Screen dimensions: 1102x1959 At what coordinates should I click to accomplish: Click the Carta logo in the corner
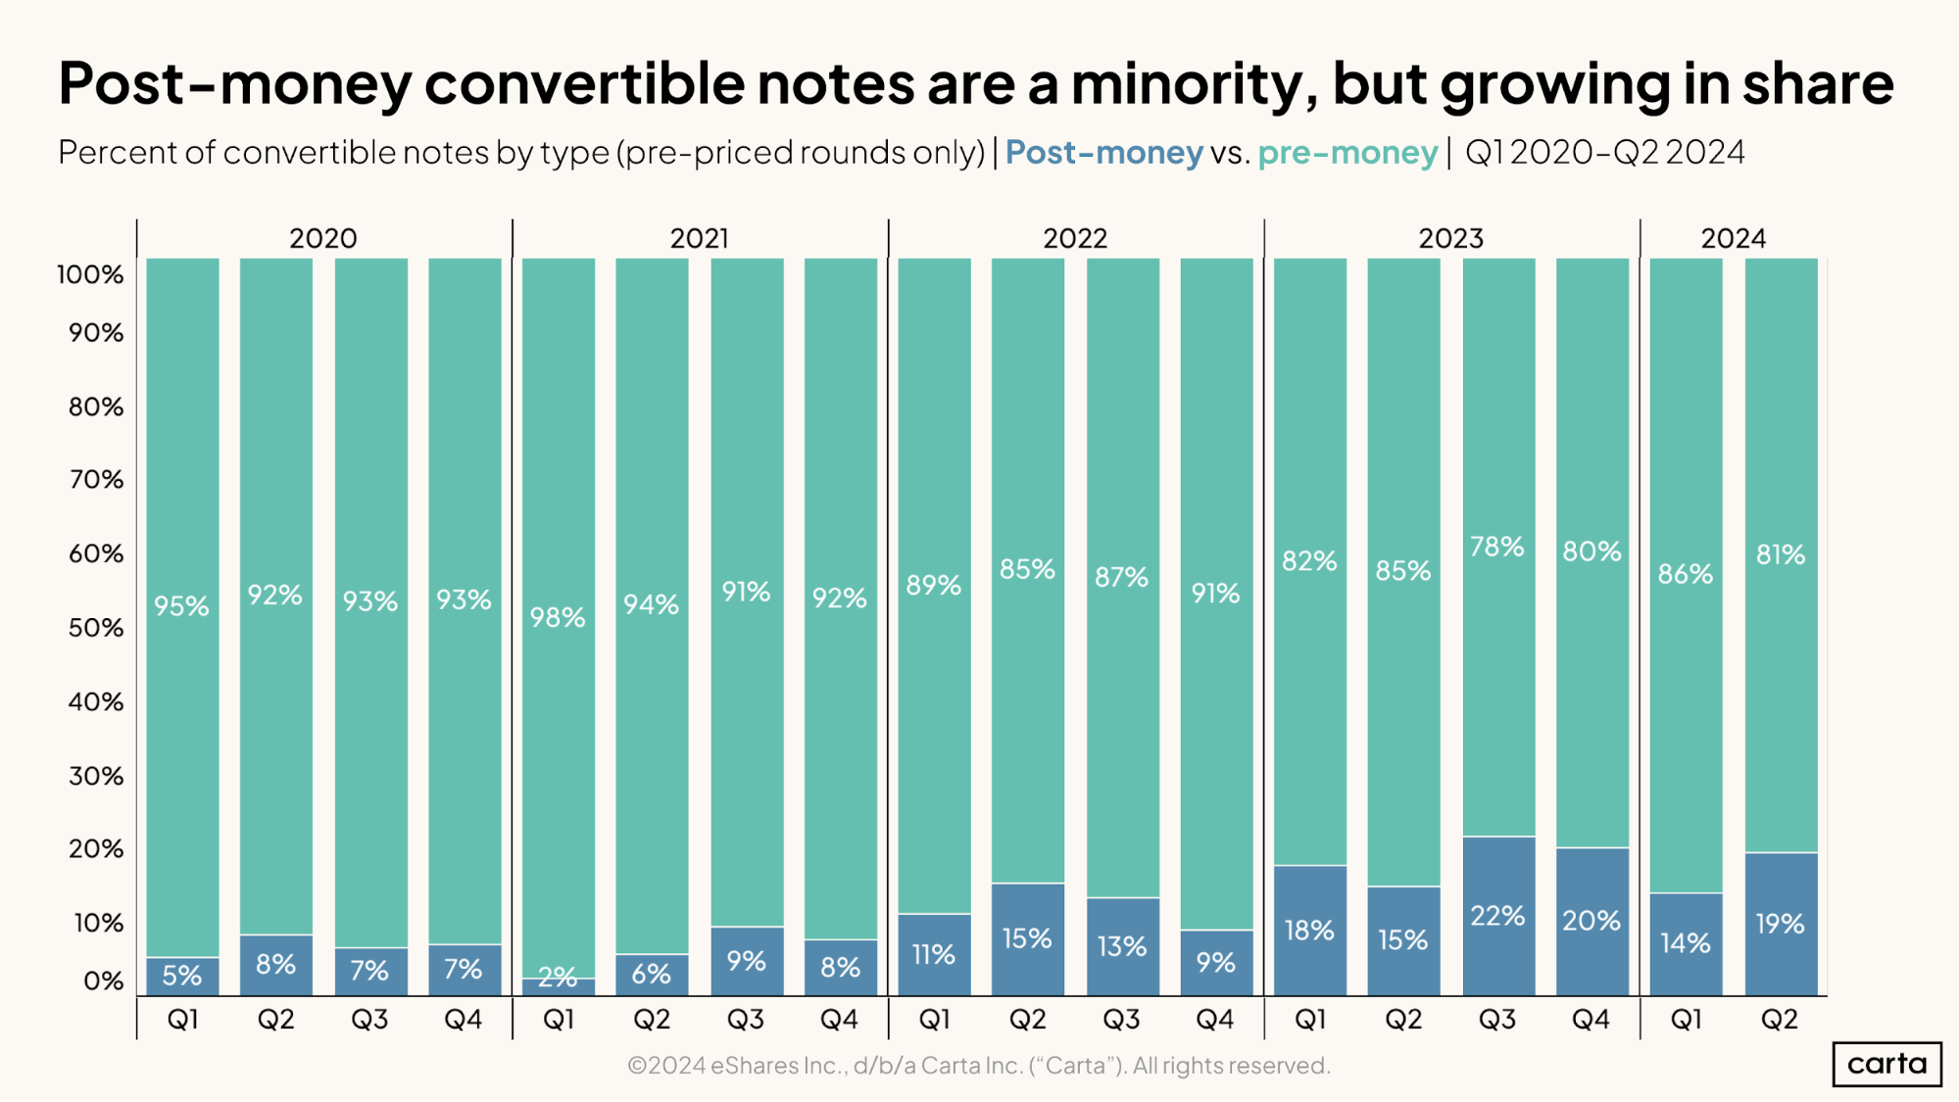pos(1886,1064)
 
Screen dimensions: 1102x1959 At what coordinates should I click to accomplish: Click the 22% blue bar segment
pos(1498,916)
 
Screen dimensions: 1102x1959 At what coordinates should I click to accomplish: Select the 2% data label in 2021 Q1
pos(558,977)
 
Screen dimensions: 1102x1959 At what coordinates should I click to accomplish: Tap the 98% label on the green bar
pos(558,617)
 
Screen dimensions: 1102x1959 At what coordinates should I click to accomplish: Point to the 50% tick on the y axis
pos(96,628)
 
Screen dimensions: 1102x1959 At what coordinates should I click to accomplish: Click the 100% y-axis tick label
pos(90,274)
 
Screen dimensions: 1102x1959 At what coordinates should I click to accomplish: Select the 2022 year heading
pos(1075,238)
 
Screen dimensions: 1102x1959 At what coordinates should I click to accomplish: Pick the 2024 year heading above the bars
pos(1733,238)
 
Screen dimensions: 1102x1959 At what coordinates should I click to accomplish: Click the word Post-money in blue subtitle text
pos(1103,153)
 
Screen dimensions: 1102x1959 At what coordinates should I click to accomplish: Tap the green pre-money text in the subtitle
pos(1347,153)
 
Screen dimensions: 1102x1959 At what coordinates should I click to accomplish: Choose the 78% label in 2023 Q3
pos(1497,547)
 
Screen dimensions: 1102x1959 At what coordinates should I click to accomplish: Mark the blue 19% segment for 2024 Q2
pos(1781,924)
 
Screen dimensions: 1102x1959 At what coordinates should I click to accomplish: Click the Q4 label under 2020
pos(464,1020)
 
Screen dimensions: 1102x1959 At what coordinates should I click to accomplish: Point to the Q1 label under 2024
pos(1686,1020)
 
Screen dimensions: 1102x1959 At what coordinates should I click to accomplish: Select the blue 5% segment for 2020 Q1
pos(182,976)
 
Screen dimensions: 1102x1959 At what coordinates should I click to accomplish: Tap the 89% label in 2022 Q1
pos(934,586)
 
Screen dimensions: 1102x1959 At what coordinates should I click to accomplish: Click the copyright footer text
pos(978,1065)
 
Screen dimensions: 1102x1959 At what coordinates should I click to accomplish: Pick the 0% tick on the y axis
pos(103,981)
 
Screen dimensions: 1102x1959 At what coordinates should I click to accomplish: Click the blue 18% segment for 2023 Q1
pos(1310,930)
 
